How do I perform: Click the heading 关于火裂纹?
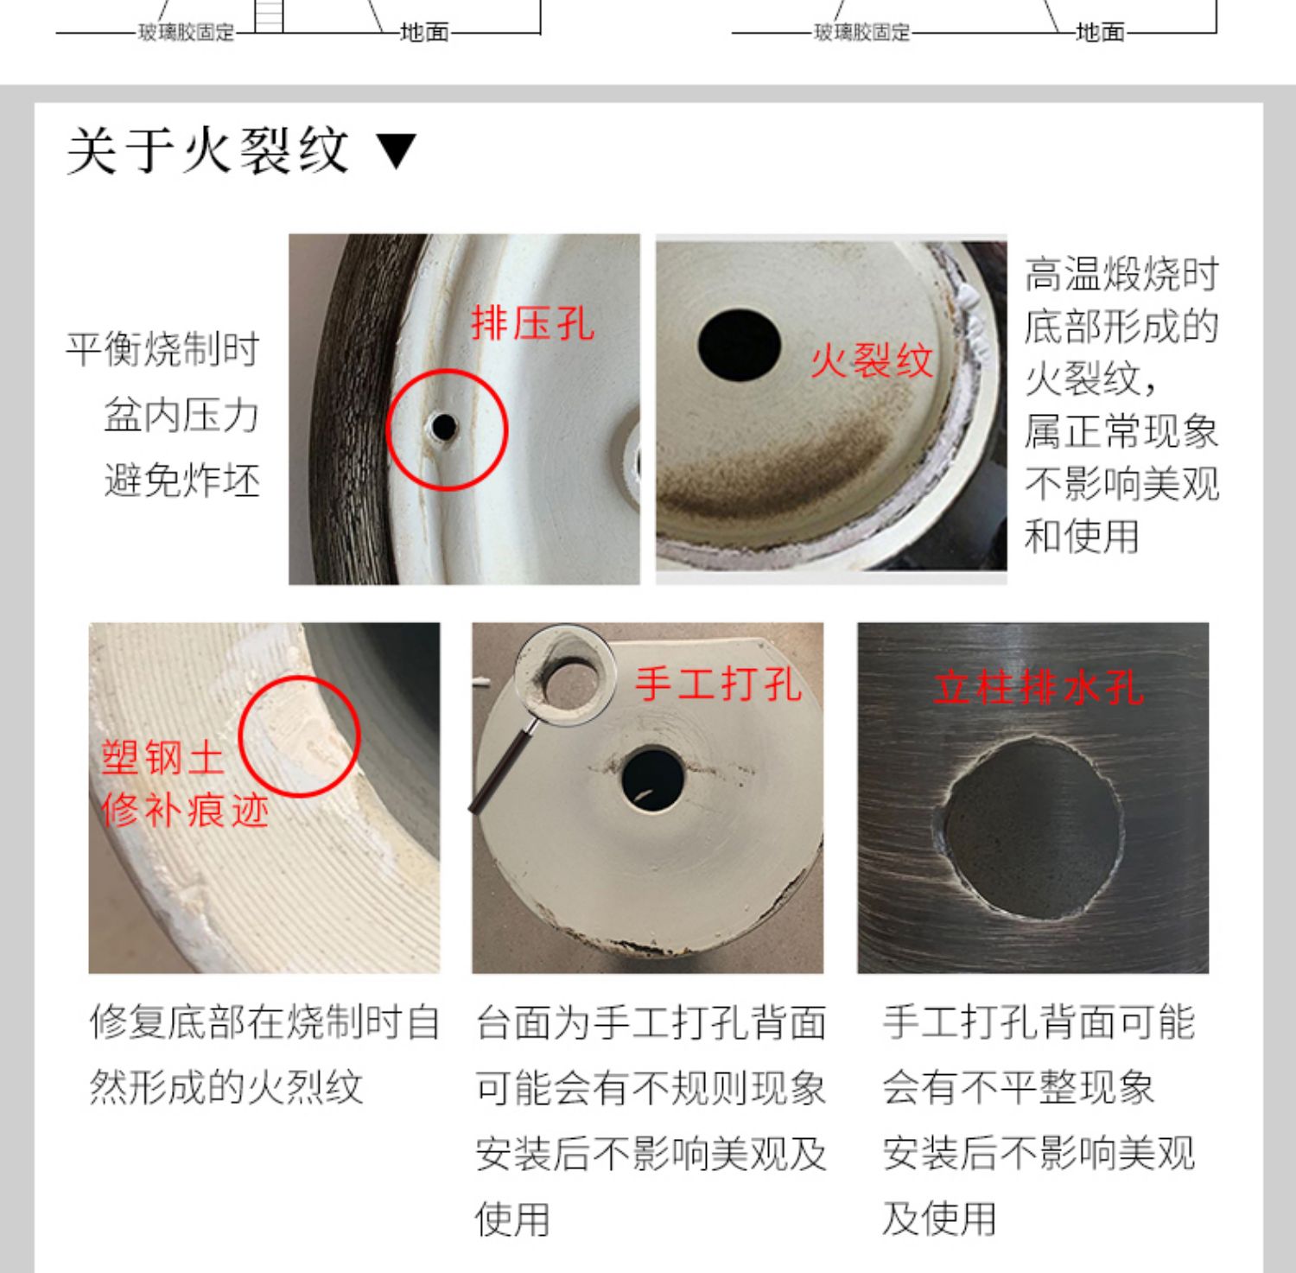(x=207, y=151)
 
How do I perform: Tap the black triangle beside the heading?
(x=397, y=152)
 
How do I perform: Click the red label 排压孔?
(x=532, y=324)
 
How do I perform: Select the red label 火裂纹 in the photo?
(x=872, y=360)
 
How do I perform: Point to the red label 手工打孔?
(x=718, y=684)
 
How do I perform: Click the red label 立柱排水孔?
(x=1039, y=688)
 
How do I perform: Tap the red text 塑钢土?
(x=163, y=758)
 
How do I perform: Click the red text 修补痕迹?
(x=185, y=811)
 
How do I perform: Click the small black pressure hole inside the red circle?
(x=444, y=426)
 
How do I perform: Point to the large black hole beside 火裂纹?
(x=740, y=344)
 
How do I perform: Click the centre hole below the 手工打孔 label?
(x=652, y=778)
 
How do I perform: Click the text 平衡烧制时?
(x=163, y=350)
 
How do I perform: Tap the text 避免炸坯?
(x=182, y=480)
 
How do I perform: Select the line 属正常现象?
(x=1121, y=431)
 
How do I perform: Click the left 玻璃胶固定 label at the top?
(x=187, y=33)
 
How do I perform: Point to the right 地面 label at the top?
(x=1100, y=33)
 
